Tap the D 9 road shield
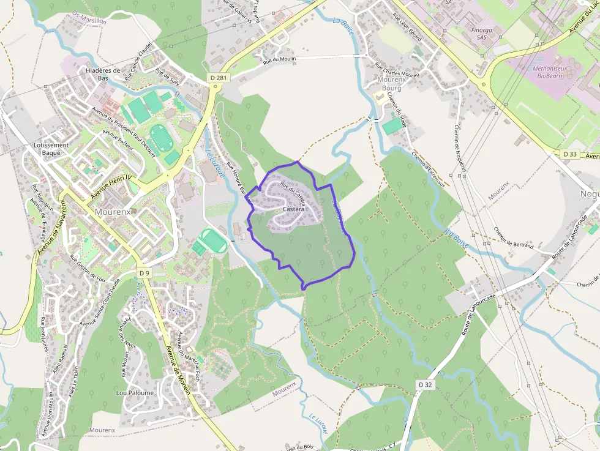[x=144, y=272]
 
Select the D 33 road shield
[x=571, y=154]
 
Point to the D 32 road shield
[x=426, y=384]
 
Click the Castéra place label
[x=294, y=209]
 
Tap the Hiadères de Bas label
[x=102, y=75]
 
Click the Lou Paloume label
[x=135, y=393]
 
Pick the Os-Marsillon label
[x=89, y=17]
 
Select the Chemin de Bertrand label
[x=514, y=238]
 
